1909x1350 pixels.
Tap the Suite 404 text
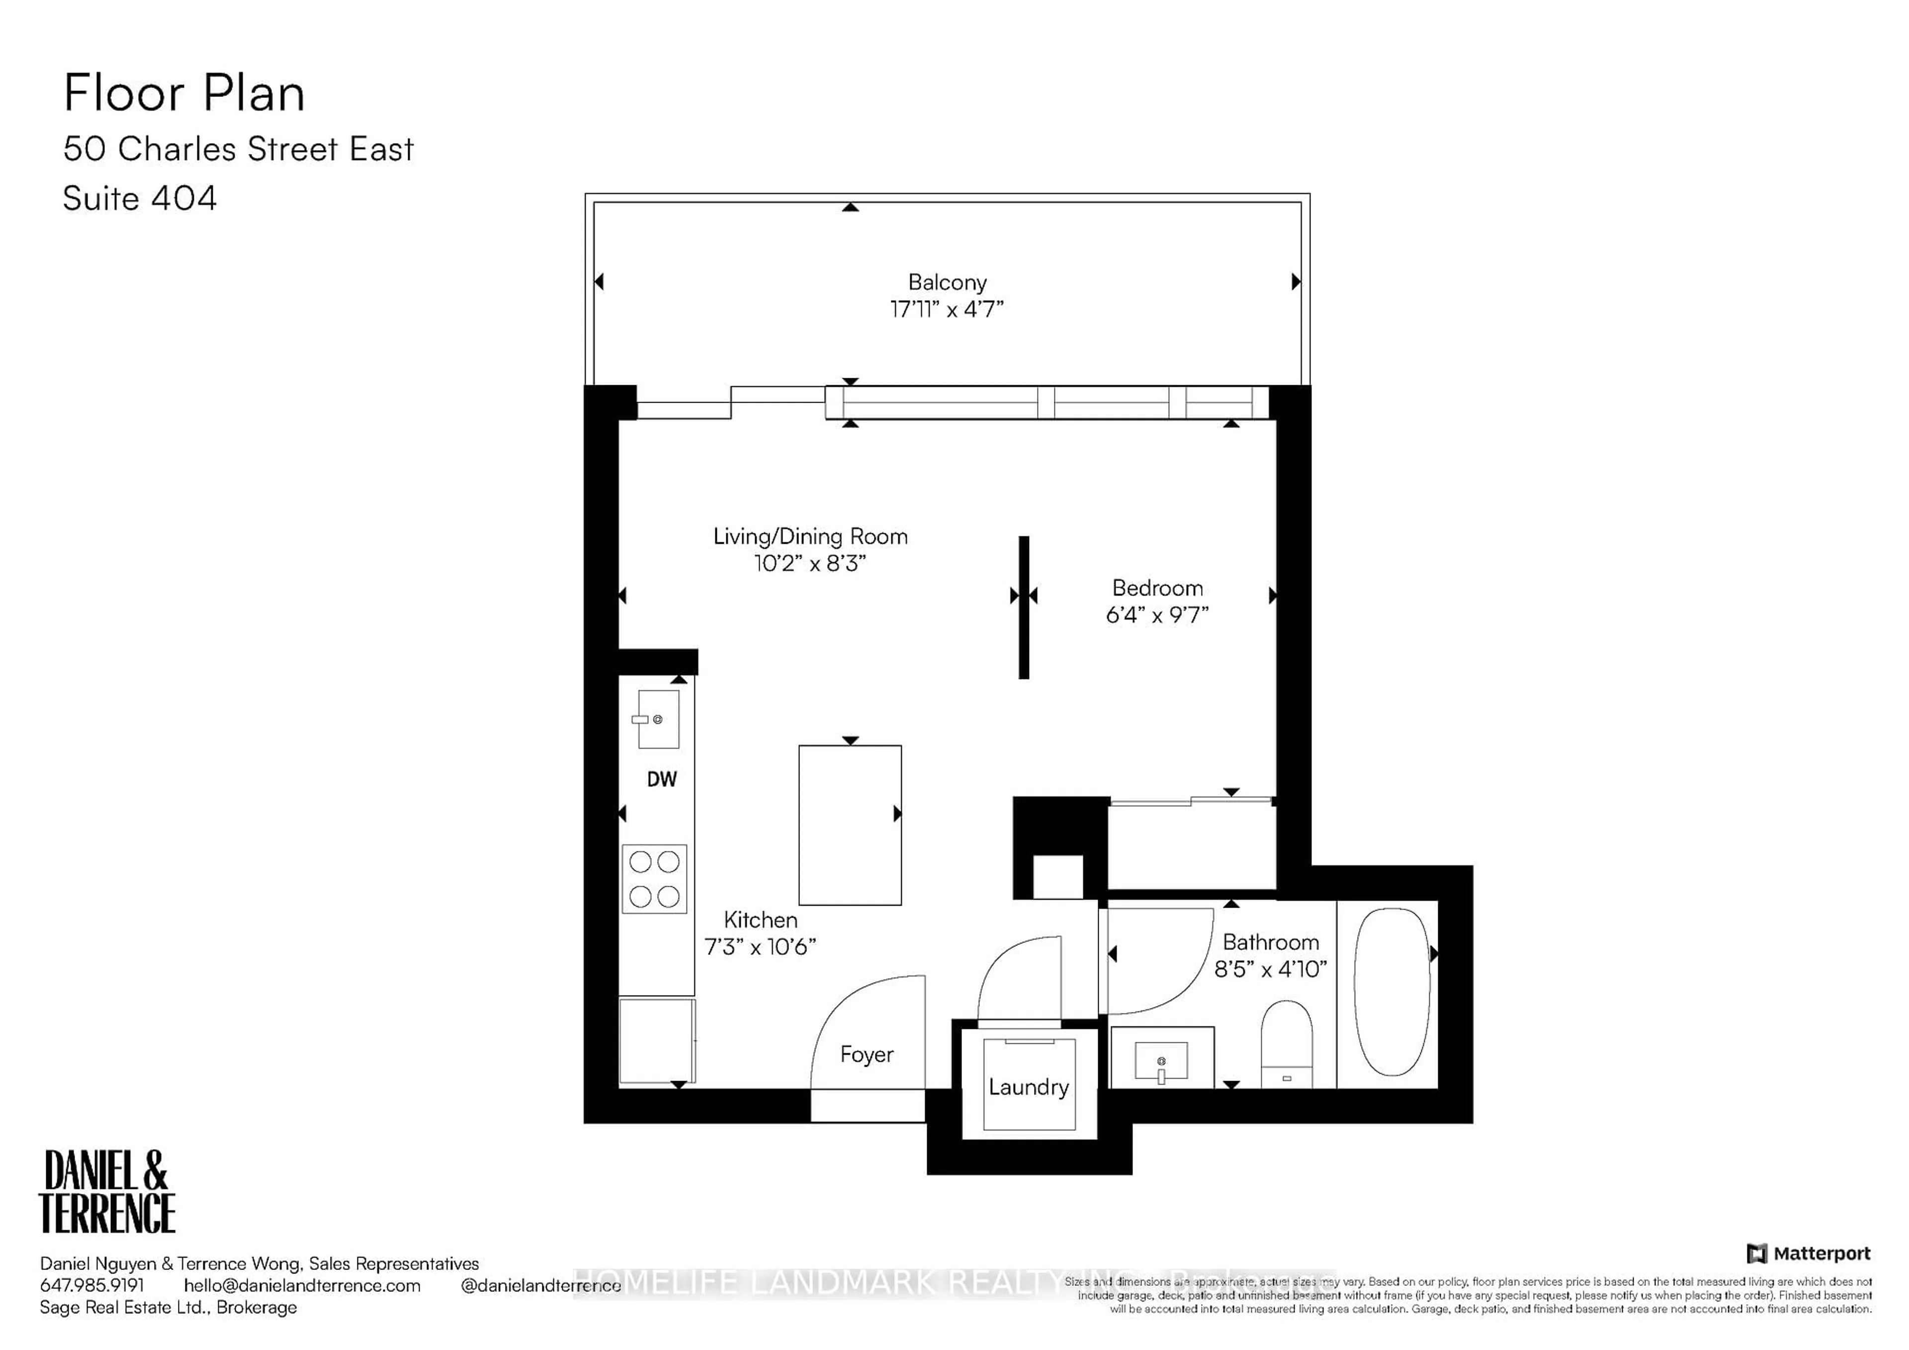click(140, 199)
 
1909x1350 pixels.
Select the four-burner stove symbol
click(654, 879)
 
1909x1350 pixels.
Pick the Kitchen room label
click(760, 920)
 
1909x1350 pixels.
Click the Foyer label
click(867, 1054)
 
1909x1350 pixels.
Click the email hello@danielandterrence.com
click(302, 1285)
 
